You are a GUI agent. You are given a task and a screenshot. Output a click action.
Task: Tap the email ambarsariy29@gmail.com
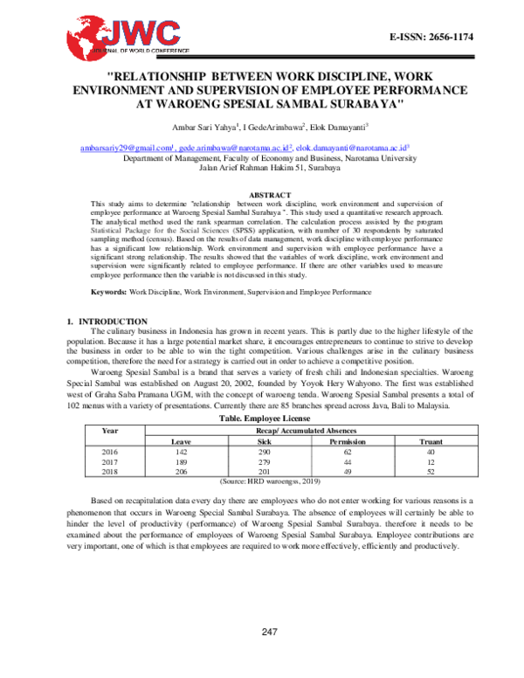127,149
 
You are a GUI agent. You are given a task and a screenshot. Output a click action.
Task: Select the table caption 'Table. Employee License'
261,419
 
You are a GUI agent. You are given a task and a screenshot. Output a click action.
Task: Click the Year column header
110,431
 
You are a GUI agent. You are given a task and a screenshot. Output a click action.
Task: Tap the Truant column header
431,441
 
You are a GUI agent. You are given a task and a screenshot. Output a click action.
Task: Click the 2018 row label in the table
110,472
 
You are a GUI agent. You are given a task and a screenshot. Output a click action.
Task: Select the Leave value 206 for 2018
181,472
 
